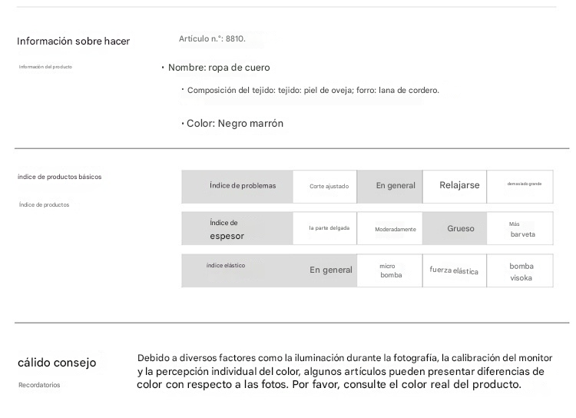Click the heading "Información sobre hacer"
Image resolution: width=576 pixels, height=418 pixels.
[73, 41]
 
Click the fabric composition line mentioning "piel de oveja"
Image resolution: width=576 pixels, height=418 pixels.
[313, 91]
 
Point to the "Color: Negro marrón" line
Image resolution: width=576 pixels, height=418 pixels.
[235, 123]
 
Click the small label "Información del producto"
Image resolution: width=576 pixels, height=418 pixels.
[45, 67]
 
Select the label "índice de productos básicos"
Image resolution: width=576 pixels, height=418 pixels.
[59, 177]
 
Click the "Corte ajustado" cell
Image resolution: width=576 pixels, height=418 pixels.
[329, 187]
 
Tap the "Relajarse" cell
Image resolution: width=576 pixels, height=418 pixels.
[459, 185]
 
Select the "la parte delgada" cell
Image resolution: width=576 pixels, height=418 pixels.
[329, 228]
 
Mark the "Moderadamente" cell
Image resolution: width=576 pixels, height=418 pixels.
[396, 229]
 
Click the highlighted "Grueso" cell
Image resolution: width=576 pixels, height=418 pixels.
[461, 228]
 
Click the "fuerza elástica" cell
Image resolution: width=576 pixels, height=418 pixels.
[454, 271]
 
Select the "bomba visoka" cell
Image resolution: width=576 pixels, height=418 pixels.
[521, 272]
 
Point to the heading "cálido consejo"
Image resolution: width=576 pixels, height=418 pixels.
[57, 363]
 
